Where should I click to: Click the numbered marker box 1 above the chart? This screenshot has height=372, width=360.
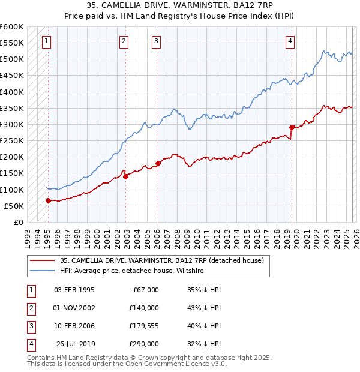pyautogui.click(x=47, y=41)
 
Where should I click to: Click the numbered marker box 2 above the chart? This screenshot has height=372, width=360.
pyautogui.click(x=124, y=41)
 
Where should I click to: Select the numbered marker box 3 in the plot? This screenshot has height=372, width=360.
pyautogui.click(x=156, y=41)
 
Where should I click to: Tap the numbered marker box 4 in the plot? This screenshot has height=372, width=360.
pyautogui.click(x=290, y=41)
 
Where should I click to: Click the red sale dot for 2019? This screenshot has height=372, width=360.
pyautogui.click(x=292, y=127)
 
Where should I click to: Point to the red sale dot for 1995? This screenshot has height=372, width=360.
pyautogui.click(x=48, y=200)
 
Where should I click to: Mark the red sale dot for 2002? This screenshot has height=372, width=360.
pyautogui.click(x=125, y=176)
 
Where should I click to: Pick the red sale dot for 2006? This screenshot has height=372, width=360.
pyautogui.click(x=158, y=163)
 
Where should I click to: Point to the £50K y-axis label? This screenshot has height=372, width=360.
pyautogui.click(x=14, y=206)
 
